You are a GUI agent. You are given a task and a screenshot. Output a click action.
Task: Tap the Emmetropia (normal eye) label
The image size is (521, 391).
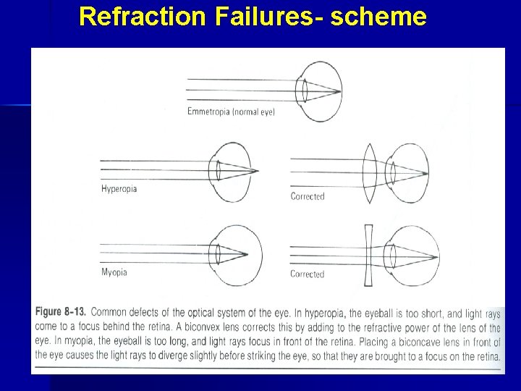point(231,112)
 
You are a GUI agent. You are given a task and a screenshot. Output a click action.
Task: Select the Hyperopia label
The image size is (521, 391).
point(119,189)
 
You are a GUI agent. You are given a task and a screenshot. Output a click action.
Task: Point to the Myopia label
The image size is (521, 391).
point(114,272)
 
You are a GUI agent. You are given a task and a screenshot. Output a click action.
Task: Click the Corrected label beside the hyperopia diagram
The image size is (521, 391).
point(307,196)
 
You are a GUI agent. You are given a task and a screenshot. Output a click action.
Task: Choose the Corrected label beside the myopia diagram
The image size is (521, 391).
point(307,274)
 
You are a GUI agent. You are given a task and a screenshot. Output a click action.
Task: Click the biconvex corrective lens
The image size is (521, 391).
point(369,172)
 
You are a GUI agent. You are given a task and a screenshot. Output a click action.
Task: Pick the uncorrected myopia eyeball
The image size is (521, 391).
point(235,255)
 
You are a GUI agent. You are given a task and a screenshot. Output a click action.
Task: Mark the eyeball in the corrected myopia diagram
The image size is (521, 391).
point(409,254)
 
